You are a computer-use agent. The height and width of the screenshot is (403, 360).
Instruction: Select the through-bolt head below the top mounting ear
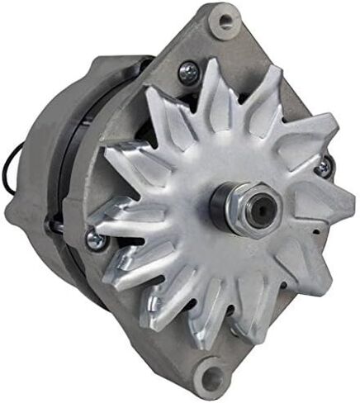click(187, 72)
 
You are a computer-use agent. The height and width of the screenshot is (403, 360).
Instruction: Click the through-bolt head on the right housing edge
click(320, 168)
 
